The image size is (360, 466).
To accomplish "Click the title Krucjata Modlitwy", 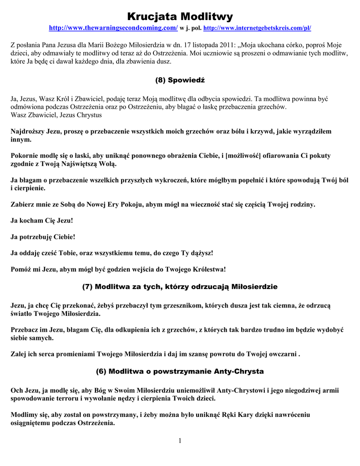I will point(180,17).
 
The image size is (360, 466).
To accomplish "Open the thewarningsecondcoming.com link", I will point(113,28).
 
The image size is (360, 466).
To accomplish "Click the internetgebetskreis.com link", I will point(257,28).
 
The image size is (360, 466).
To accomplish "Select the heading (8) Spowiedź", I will point(180,80).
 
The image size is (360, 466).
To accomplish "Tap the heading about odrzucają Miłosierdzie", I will point(180,287).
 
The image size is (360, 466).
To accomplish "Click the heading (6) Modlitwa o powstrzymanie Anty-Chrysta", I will point(180,371).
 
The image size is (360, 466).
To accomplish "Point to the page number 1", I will point(180,441).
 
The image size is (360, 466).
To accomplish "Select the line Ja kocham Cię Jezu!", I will point(42,221).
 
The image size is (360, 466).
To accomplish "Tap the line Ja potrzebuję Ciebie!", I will point(43,237).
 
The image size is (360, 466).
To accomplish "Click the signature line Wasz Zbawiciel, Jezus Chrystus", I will point(56,115).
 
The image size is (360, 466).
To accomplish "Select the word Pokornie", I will point(25,156).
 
